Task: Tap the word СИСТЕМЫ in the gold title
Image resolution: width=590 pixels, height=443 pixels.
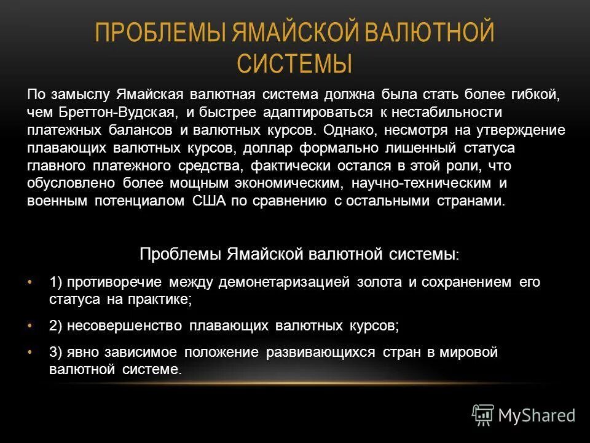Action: coord(294,63)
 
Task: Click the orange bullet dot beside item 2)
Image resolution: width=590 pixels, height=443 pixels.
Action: coord(30,326)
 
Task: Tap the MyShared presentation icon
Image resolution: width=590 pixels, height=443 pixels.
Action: coord(482,415)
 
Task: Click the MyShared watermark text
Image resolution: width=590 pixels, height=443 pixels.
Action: coord(537,416)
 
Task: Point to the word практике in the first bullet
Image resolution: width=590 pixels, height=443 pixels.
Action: coord(163,300)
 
